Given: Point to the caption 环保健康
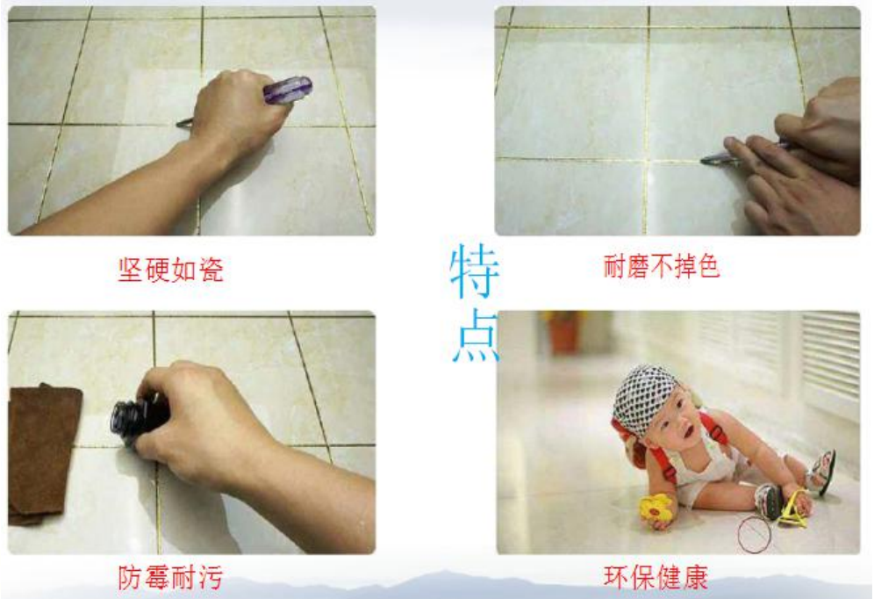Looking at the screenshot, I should tap(655, 577).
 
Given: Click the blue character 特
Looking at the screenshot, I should tap(475, 273).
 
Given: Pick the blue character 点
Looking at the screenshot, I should tap(475, 337).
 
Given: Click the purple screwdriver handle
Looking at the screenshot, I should tap(287, 90).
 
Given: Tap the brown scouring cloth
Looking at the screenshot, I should tap(44, 452).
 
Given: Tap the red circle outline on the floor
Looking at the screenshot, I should tap(753, 535).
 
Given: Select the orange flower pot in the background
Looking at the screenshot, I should tap(562, 332).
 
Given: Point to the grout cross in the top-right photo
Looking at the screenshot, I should tap(648, 161).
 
